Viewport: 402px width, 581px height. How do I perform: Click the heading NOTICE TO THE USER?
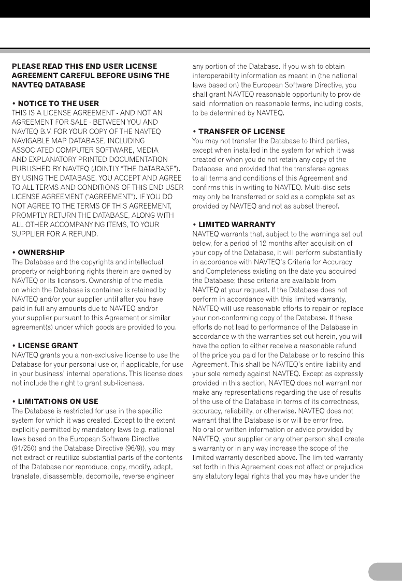(58, 103)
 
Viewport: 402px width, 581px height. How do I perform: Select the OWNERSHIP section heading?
(41, 252)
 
